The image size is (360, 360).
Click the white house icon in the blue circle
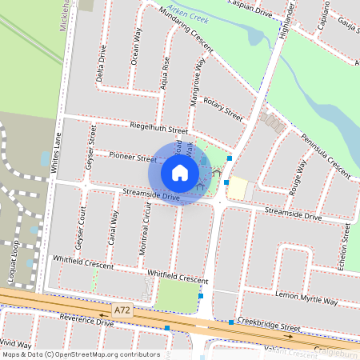point(180,173)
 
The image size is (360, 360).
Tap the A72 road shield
point(122,307)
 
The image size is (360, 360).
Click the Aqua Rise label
point(166,71)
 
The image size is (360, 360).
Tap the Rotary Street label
point(222,107)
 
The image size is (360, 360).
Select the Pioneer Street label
point(133,158)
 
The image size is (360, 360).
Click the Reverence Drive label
point(80,322)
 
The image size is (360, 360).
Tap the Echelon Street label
point(346,248)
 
